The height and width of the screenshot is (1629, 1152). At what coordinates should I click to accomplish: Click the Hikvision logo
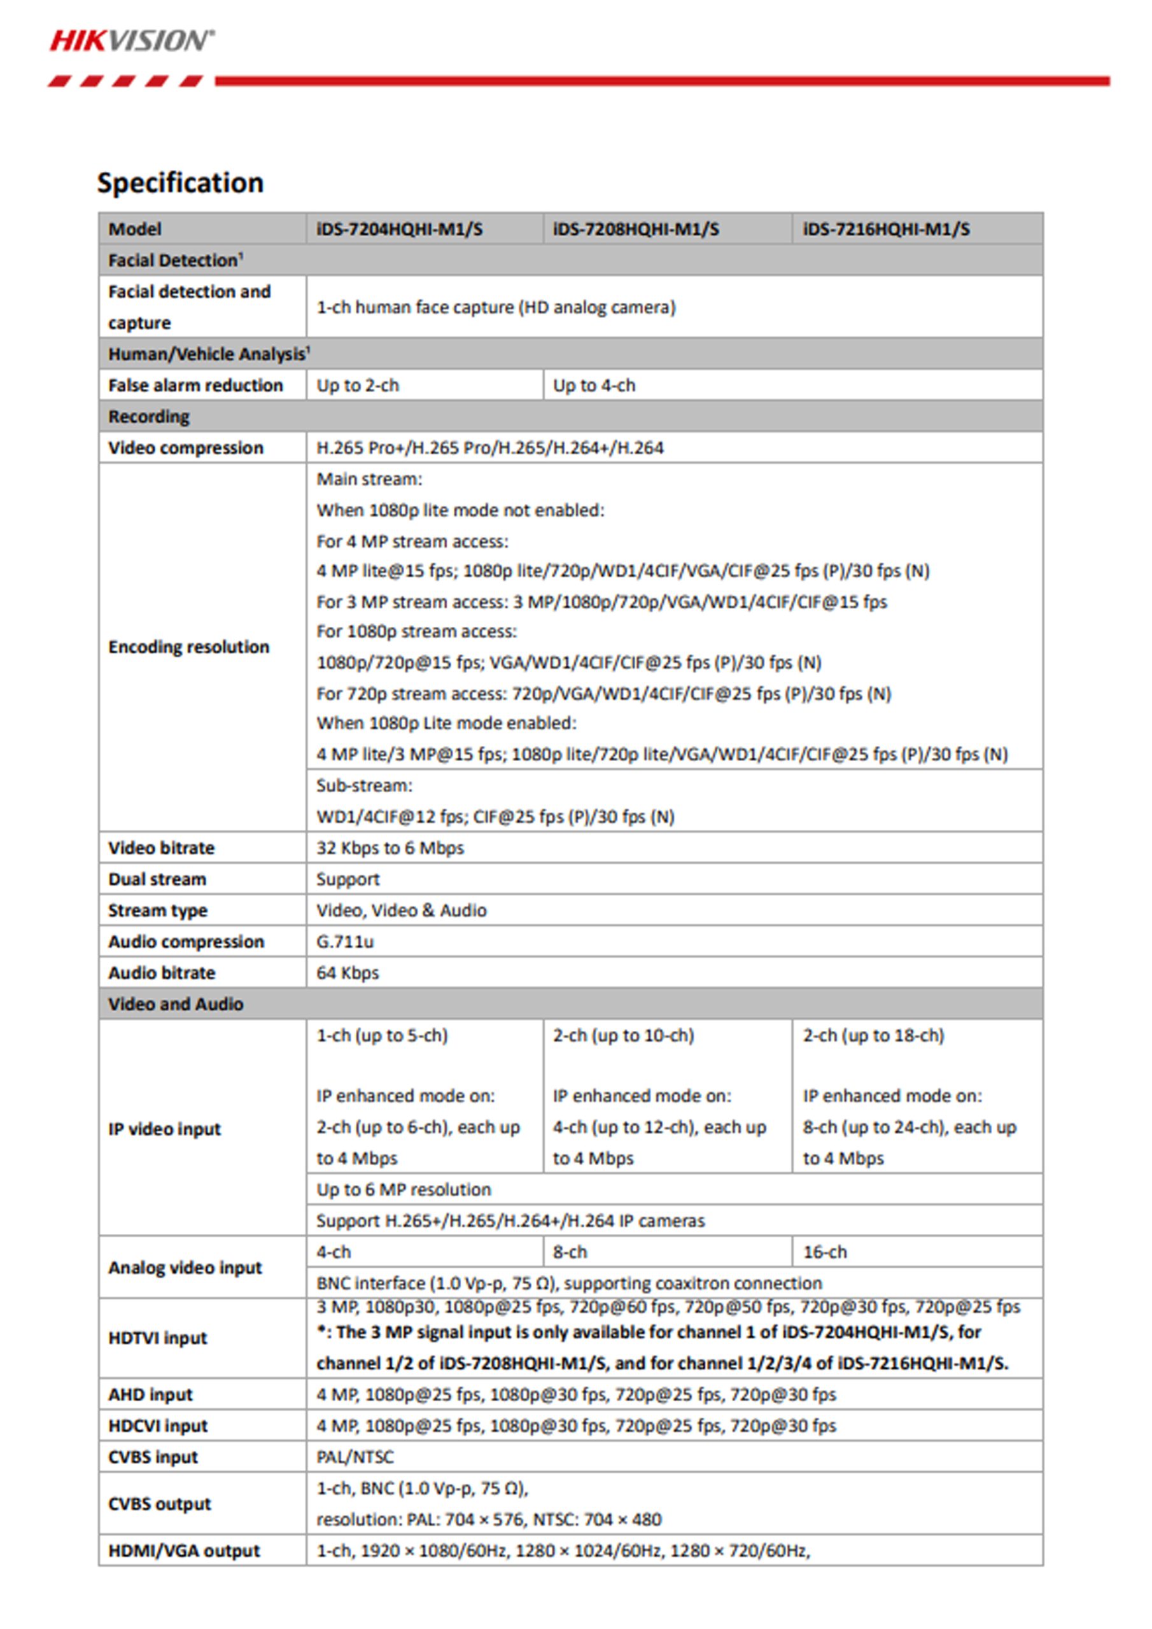(131, 41)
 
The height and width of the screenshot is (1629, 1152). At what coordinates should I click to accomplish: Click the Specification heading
(180, 183)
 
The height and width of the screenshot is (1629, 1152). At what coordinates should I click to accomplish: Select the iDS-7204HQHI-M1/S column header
(399, 229)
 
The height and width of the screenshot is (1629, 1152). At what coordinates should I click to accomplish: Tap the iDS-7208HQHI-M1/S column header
(635, 229)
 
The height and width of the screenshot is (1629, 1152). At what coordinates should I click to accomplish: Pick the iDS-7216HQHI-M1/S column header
(886, 229)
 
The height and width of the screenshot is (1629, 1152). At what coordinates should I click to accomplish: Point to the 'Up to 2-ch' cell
(358, 385)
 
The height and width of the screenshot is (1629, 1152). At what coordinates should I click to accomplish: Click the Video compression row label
(185, 448)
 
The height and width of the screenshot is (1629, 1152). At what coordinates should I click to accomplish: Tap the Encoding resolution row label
(189, 647)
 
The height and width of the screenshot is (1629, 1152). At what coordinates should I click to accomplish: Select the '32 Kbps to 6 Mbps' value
(390, 848)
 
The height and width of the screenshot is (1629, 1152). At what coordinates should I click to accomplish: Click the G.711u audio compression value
(345, 942)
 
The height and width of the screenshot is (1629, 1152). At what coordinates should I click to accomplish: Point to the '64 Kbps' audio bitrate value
(347, 973)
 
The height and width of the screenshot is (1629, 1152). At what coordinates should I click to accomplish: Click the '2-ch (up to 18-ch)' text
(873, 1036)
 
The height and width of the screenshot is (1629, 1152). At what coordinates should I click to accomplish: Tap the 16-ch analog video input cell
(825, 1252)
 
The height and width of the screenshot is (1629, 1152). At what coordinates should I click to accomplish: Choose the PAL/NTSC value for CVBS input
(355, 1457)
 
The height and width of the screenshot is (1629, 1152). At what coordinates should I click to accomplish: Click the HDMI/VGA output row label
(184, 1550)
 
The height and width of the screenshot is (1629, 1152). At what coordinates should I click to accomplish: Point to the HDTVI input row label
(158, 1338)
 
